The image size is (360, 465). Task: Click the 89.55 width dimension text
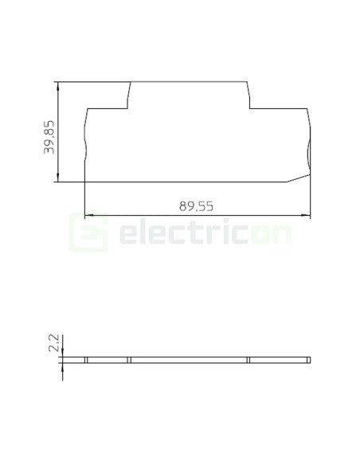click(196, 205)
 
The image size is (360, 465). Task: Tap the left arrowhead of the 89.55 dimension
click(88, 214)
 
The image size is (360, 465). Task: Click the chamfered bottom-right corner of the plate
click(299, 177)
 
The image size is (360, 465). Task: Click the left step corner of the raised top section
click(128, 107)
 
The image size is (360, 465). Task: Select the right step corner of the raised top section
click(250, 107)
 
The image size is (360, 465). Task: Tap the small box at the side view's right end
click(307, 360)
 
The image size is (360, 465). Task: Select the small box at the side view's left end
click(87, 360)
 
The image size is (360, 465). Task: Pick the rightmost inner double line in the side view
click(248, 360)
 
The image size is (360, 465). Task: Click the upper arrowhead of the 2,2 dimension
click(60, 354)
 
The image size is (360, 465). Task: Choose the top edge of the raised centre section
click(190, 81)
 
